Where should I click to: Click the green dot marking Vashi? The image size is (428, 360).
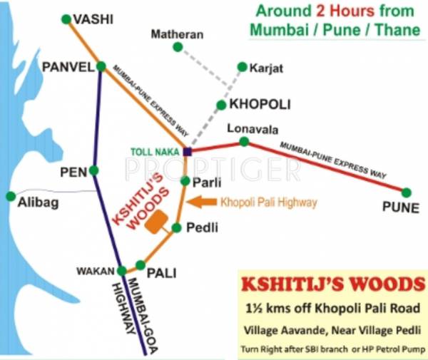[x=66, y=19]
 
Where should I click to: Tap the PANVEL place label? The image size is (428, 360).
[x=68, y=67]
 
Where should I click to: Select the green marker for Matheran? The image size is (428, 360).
[x=178, y=47]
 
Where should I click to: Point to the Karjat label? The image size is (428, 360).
[x=267, y=68]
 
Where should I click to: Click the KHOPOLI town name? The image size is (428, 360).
[x=260, y=104]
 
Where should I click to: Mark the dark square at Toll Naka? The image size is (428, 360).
[x=187, y=151]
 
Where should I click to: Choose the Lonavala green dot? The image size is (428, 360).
[x=244, y=142]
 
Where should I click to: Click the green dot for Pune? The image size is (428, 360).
[x=406, y=192]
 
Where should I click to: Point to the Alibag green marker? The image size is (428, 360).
[x=10, y=195]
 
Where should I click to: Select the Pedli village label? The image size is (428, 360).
[x=200, y=227]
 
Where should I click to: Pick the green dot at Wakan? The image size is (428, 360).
[x=121, y=270]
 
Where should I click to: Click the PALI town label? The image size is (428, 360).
[x=161, y=272]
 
